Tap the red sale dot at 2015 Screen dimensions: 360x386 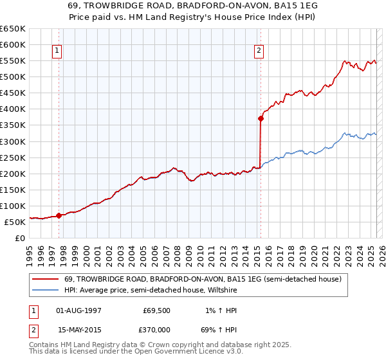tap(261, 118)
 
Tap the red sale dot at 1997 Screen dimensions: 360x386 tap(59, 215)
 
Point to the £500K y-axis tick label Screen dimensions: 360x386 tap(13, 76)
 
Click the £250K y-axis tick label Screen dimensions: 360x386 tap(13, 157)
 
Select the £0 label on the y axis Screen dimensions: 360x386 tap(21, 238)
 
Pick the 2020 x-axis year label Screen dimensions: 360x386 tap(313, 253)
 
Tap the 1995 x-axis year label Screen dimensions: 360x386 tap(30, 253)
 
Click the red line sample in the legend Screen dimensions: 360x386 tap(46, 279)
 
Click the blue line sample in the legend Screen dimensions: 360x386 tap(46, 291)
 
